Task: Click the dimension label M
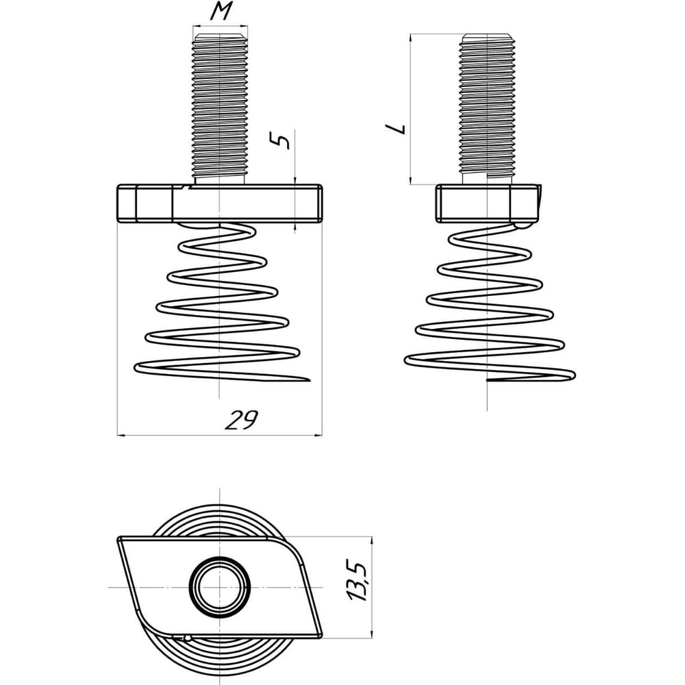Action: (221, 12)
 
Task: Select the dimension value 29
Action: (241, 421)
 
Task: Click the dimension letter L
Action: (396, 129)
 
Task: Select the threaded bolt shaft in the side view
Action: (488, 107)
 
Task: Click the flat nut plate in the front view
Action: (220, 203)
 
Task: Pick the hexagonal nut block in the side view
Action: (488, 203)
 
